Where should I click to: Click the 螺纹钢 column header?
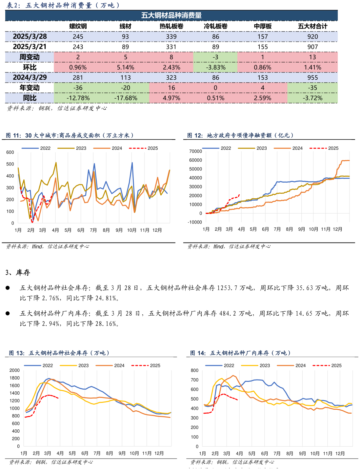78,26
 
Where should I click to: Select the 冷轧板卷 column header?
215,26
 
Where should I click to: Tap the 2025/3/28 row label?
30,36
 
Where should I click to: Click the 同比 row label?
30,98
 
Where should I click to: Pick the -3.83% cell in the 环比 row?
215,67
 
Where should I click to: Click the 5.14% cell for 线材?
126,67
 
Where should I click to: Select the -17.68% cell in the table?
126,98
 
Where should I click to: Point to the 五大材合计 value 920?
312,36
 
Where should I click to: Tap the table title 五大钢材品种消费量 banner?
171,15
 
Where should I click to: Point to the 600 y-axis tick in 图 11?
10,152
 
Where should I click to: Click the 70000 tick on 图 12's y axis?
196,151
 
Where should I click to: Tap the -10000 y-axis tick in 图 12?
195,222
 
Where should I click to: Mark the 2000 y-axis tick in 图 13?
14,370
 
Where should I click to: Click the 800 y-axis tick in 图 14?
194,370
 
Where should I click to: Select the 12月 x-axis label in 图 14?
340,453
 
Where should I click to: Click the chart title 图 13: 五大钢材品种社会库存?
59,353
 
